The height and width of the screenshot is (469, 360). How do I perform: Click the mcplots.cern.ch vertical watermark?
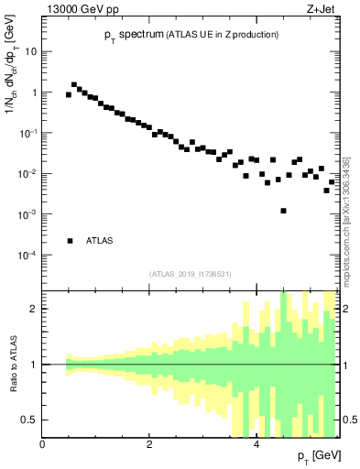tap(346, 220)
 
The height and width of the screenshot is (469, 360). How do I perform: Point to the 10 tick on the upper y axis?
tap(30, 51)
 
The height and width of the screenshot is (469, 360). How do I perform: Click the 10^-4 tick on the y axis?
tap(27, 255)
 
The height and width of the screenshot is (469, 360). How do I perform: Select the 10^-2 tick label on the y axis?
tap(27, 173)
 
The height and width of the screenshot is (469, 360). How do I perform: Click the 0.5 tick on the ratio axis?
tap(27, 420)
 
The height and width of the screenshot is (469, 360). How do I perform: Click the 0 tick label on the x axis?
tap(42, 444)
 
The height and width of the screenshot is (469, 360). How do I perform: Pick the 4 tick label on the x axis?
tap(256, 444)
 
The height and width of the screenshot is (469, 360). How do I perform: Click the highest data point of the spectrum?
tap(74, 85)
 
